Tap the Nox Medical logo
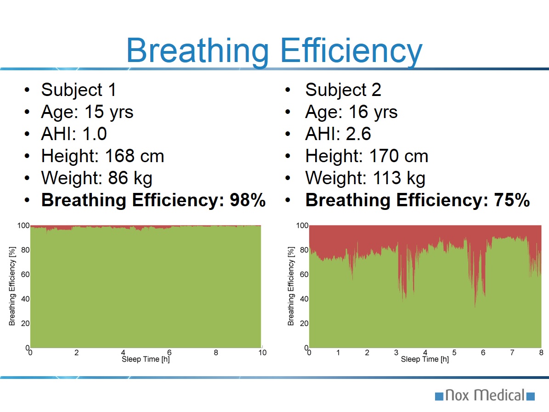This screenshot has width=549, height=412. pos(485,395)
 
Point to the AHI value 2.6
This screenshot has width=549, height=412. pos(355,134)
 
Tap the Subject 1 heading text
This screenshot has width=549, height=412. pos(79,90)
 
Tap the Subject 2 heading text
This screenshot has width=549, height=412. pos(343,90)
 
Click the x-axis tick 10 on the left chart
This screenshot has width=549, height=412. pos(262,353)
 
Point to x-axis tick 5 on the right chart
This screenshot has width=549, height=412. pos(454,353)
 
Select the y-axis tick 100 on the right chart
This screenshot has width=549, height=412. pos(302,226)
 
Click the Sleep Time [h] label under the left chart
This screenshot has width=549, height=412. pos(146,359)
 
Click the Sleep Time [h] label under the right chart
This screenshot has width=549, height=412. pos(424,359)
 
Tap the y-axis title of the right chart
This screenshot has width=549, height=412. pos(291,286)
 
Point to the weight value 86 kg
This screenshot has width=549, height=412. pos(130,178)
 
